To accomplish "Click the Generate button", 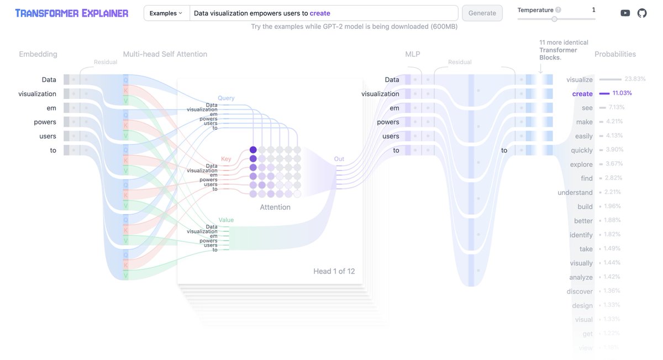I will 482,13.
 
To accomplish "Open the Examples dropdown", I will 166,13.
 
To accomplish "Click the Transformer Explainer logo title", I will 72,13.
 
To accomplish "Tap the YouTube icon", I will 625,13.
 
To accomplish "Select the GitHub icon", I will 642,13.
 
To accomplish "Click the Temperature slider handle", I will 554,19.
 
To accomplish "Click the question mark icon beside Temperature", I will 558,10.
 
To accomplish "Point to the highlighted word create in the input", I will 320,13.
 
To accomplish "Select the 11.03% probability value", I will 622,93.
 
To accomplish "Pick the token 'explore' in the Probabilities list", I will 581,165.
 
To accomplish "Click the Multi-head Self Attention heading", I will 165,54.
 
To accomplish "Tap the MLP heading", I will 413,54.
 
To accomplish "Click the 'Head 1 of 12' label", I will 334,271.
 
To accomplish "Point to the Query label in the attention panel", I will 226,98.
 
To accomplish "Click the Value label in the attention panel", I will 226,220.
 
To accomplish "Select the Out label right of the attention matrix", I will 339,159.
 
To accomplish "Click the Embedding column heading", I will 38,54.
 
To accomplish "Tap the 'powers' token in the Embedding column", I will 45,122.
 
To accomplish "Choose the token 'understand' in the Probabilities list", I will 575,193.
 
